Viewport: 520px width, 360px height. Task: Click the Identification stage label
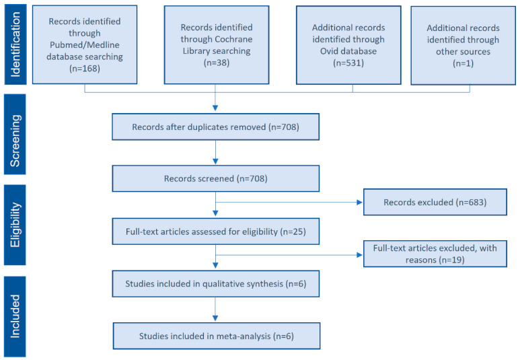click(x=15, y=44)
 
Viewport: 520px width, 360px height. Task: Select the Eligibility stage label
click(x=15, y=225)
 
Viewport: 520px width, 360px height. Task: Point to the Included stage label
click(x=15, y=316)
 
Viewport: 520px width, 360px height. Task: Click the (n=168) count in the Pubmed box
click(x=85, y=69)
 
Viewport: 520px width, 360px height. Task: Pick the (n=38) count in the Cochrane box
click(x=217, y=63)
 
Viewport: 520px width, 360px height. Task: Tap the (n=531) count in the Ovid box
click(x=348, y=63)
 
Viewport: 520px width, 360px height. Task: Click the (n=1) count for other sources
click(x=463, y=63)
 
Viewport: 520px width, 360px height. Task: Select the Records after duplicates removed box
click(x=215, y=127)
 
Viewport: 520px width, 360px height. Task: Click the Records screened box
click(x=215, y=178)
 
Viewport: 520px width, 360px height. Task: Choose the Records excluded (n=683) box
click(x=435, y=202)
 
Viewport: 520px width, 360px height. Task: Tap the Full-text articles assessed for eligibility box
click(x=215, y=231)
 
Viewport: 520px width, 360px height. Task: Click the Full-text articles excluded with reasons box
click(x=435, y=254)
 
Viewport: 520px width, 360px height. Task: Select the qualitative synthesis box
click(x=215, y=284)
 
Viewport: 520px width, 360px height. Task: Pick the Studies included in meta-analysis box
click(x=217, y=336)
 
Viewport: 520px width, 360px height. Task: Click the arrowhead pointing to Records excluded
click(x=359, y=202)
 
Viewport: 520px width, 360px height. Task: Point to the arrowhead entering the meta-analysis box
click(x=215, y=318)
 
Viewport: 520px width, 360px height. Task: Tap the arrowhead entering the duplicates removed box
click(x=215, y=108)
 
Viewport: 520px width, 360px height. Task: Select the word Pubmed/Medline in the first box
click(x=85, y=45)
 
